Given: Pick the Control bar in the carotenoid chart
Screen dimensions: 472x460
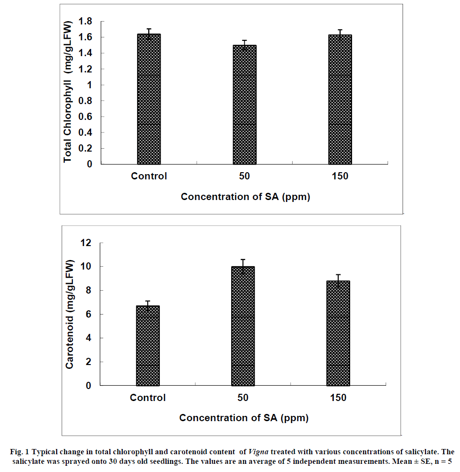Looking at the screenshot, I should [148, 345].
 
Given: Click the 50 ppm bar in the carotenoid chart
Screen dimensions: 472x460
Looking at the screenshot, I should [243, 326].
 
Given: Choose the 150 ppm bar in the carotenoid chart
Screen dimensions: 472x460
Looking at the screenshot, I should [338, 333].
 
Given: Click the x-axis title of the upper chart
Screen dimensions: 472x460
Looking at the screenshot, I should [245, 197].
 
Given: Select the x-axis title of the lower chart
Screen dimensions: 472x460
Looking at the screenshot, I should [244, 418].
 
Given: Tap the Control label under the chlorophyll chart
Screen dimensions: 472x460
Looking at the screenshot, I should [149, 176].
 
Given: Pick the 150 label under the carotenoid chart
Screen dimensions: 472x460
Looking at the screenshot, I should [338, 398].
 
